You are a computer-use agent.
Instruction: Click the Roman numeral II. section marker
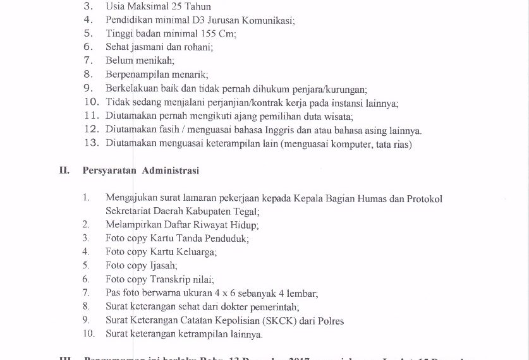[64, 170]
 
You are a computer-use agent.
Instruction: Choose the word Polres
[331, 321]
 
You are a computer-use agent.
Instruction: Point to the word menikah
[156, 61]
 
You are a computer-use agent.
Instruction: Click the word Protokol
[424, 198]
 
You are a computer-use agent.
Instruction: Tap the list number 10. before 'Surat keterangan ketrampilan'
[88, 334]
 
